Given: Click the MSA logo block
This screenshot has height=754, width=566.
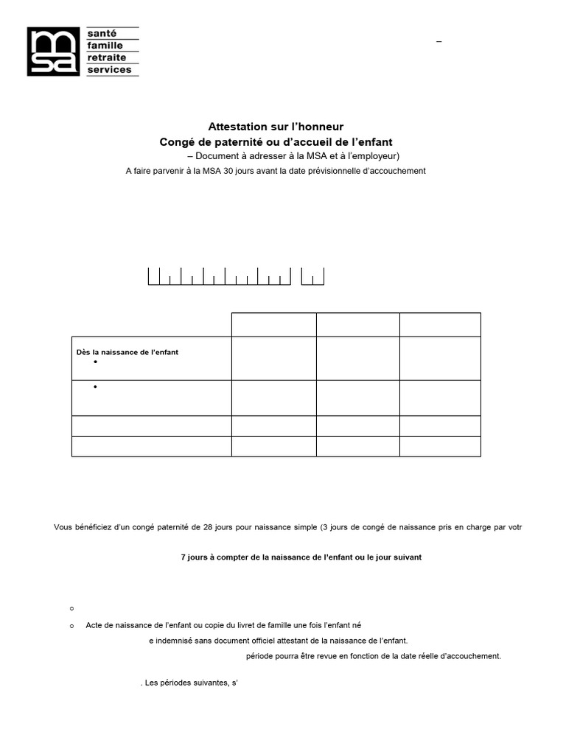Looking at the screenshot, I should [x=53, y=52].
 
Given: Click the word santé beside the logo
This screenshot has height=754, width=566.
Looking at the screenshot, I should [x=101, y=34].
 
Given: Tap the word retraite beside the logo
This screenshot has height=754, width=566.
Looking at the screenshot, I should [x=107, y=57].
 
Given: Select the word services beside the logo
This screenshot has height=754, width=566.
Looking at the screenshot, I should [x=109, y=70].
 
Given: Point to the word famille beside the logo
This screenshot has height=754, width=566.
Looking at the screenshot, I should [x=105, y=46].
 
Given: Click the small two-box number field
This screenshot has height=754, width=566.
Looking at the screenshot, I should [x=312, y=277].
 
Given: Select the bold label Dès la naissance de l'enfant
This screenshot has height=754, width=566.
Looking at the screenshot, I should [x=127, y=352].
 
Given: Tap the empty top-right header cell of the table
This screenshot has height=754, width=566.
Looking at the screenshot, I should [x=440, y=325].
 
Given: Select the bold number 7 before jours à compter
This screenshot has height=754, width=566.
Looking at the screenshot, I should [x=184, y=557].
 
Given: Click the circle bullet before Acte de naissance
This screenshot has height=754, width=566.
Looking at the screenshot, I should [x=71, y=625].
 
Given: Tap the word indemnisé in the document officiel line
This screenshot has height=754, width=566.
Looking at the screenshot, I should [x=174, y=641].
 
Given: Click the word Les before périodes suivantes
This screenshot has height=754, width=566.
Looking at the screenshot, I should [x=153, y=683].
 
